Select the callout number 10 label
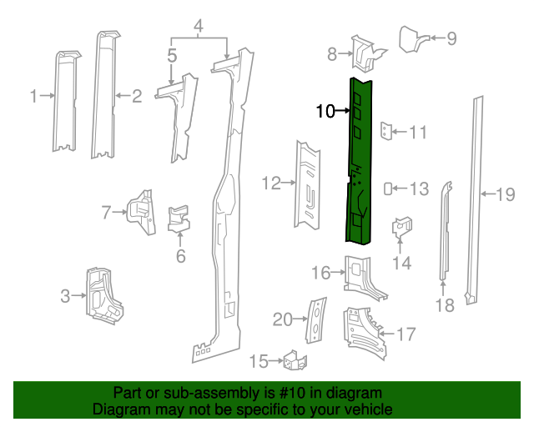pyautogui.click(x=325, y=110)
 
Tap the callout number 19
pyautogui.click(x=506, y=195)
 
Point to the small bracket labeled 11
pyautogui.click(x=385, y=131)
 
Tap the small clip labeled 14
pyautogui.click(x=403, y=226)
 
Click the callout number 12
pyautogui.click(x=271, y=183)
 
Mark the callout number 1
pyautogui.click(x=34, y=97)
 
